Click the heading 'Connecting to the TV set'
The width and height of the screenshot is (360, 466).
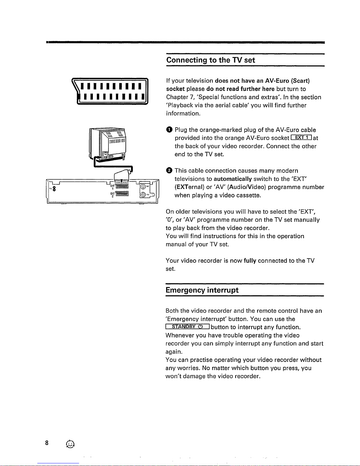coord(210,60)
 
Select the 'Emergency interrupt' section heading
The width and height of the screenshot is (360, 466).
coord(202,290)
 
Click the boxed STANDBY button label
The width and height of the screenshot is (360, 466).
coord(187,327)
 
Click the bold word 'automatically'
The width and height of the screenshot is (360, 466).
coord(233,179)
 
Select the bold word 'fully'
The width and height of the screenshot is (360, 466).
coord(250,261)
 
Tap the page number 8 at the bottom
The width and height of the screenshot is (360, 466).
coord(47,444)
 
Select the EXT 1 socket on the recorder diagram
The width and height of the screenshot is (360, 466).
coord(122,186)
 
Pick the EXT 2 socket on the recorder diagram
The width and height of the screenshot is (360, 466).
coord(122,193)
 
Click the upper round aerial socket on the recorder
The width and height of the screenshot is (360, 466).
coord(143,186)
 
